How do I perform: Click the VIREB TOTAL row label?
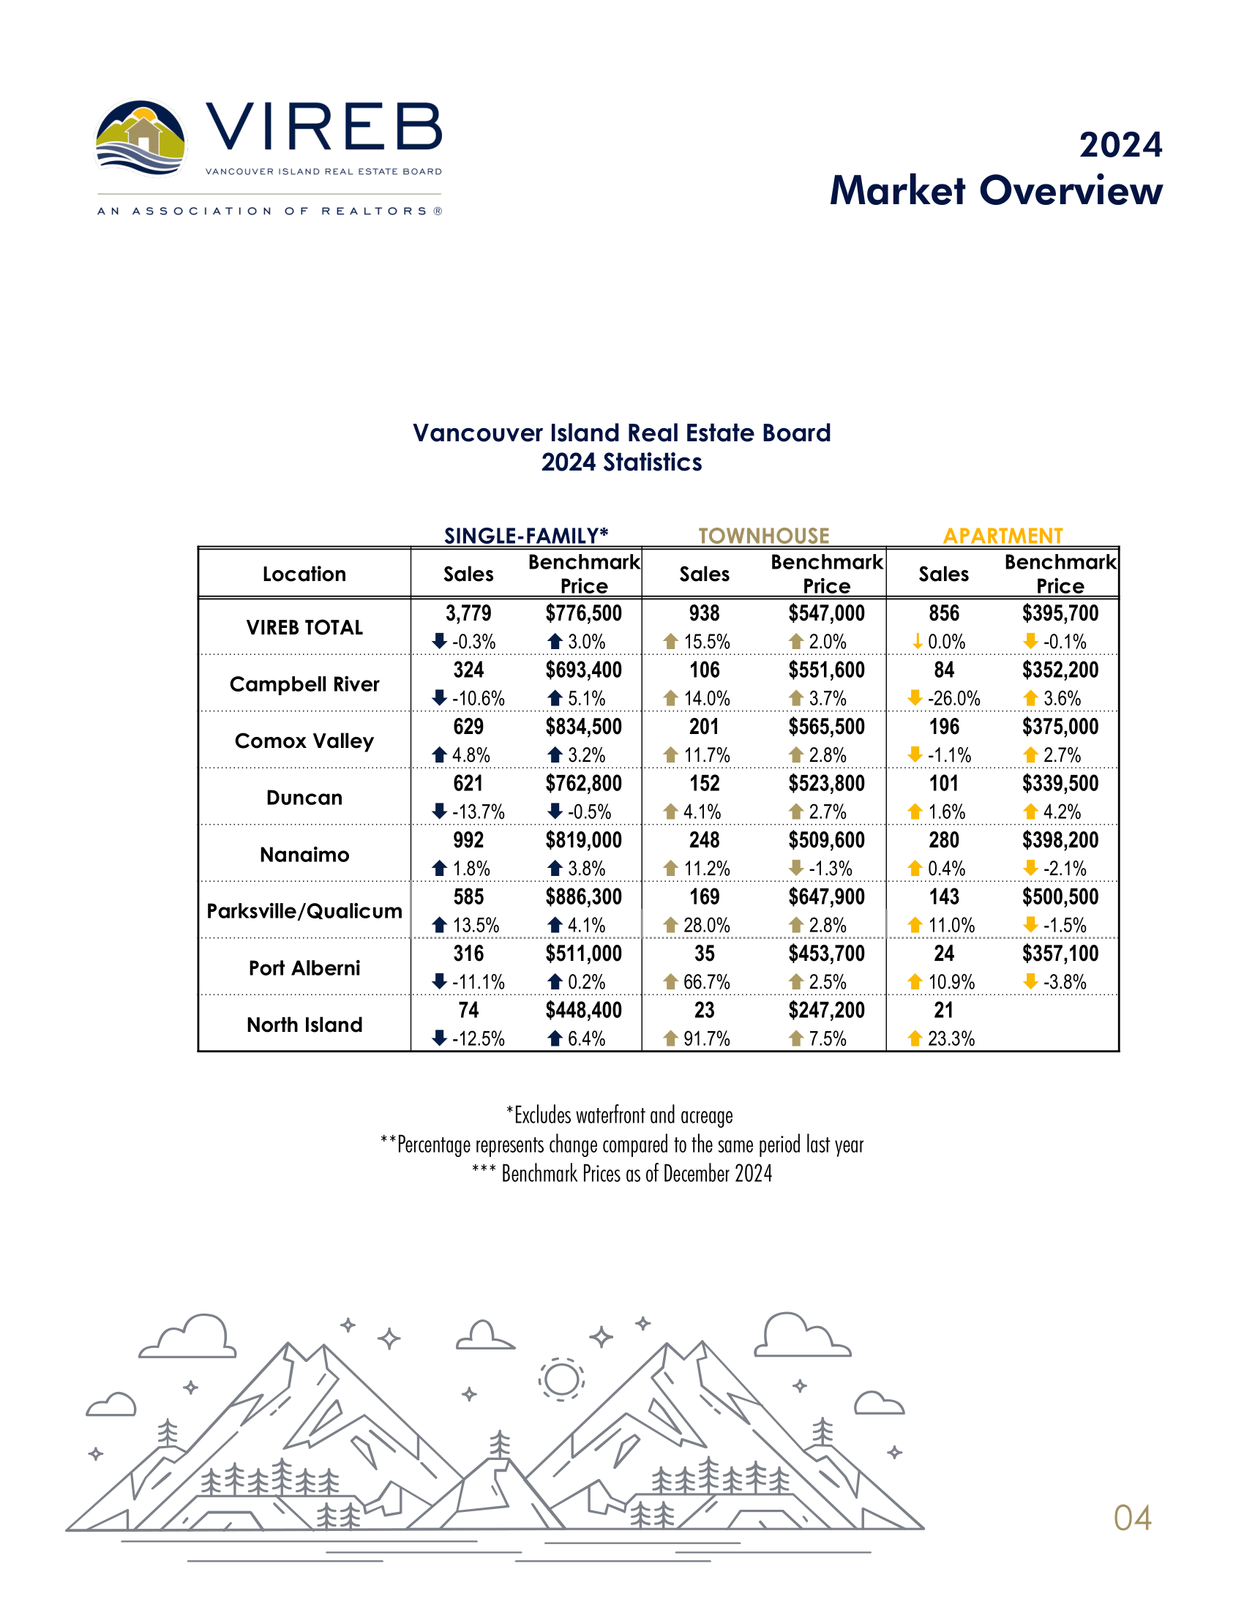tap(304, 627)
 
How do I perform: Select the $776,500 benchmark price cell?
tap(584, 613)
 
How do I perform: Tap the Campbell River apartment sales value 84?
tap(943, 670)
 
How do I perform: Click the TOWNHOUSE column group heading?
tap(763, 535)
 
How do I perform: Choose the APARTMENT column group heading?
tap(1003, 535)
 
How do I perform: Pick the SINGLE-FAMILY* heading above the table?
tap(525, 535)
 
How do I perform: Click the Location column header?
tap(304, 574)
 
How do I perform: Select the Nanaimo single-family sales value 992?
tap(468, 840)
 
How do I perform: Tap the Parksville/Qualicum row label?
tap(304, 911)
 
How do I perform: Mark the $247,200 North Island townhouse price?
tap(826, 1010)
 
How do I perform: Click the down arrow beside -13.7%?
tap(440, 811)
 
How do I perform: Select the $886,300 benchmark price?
tap(584, 897)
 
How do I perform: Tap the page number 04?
tap(1132, 1518)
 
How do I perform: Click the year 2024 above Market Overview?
tap(1120, 145)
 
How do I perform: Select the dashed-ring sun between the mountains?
tap(561, 1379)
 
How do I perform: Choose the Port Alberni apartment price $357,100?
tap(1060, 954)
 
